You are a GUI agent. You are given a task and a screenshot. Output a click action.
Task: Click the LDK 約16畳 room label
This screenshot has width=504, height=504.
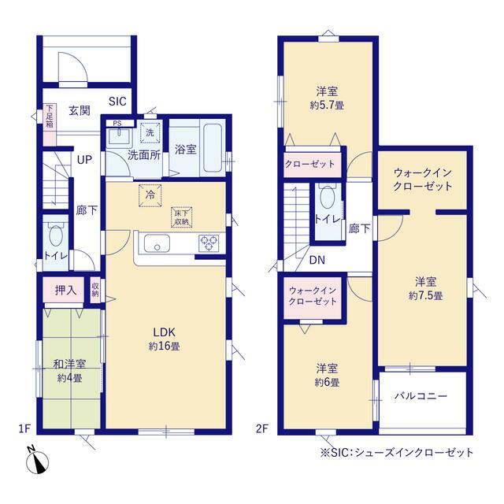(x=165, y=339)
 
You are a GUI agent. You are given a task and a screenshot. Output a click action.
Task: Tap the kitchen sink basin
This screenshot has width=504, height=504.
(x=157, y=243)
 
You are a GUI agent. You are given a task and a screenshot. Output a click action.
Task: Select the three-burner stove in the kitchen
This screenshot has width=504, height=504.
(x=209, y=243)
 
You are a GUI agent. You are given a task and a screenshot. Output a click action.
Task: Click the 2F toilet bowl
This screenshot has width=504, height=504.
(x=328, y=197)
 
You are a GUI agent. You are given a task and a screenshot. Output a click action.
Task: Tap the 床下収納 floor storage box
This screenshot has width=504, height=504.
(x=182, y=217)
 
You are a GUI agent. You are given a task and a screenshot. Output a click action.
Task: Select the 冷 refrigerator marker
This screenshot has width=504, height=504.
(x=150, y=195)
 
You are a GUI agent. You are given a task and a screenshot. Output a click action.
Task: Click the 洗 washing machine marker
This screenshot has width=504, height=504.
(x=150, y=132)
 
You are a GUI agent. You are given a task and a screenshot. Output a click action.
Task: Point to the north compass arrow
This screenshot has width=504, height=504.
(x=38, y=462)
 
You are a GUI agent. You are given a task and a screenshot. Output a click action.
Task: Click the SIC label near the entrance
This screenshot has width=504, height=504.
(x=117, y=102)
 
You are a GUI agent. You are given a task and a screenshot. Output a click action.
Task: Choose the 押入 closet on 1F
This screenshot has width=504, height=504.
(x=64, y=291)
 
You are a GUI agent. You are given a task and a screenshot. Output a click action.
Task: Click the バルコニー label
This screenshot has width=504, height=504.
(x=421, y=395)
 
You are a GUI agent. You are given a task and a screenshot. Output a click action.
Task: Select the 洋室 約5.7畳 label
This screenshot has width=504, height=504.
(x=327, y=98)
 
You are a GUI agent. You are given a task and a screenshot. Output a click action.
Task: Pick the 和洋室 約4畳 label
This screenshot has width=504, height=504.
(x=69, y=371)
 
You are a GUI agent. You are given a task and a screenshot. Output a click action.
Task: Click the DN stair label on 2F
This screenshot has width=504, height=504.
(x=317, y=260)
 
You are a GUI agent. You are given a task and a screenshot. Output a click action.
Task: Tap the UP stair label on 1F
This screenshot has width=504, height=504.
(x=84, y=159)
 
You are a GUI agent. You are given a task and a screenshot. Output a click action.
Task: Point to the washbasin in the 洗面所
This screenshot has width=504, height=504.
(x=119, y=136)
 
